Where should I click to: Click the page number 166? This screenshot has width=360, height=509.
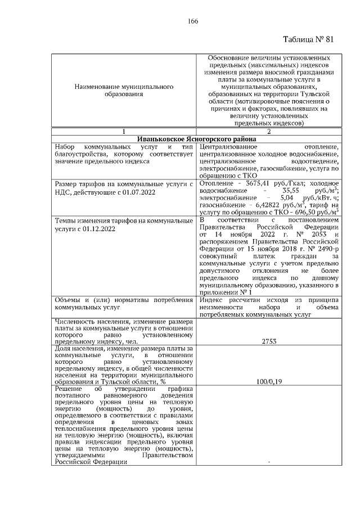(193, 21)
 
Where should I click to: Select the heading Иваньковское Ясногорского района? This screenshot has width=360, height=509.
(197, 139)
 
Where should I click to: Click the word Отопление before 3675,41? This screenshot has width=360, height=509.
(215, 183)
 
